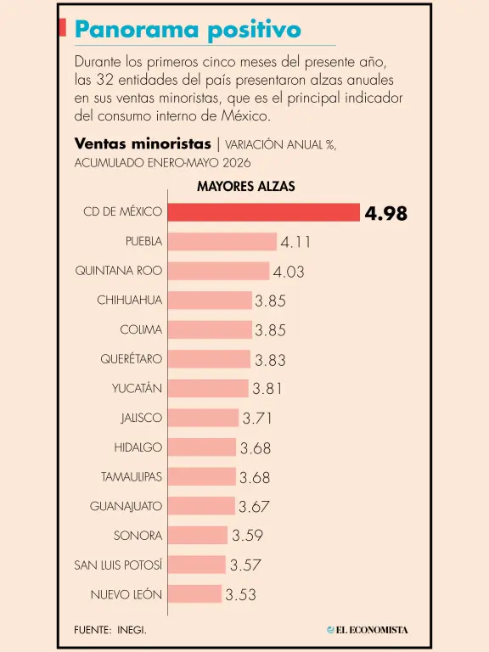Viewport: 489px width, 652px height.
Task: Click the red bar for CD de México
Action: pos(264,212)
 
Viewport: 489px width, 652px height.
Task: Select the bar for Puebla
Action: pos(222,242)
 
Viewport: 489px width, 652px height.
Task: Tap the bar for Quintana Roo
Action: pos(219,271)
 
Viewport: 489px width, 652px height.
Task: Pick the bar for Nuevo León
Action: pos(195,593)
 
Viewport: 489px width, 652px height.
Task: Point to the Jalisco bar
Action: pos(204,418)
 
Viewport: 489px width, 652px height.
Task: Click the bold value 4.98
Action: pos(386,213)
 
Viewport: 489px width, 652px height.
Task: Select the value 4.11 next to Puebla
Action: pos(295,242)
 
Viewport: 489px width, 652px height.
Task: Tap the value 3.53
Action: pos(241,594)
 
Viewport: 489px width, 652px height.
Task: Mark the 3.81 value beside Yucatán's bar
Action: pos(267,389)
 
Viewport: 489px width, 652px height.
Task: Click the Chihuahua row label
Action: pos(129,300)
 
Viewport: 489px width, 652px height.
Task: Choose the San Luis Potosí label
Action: pos(118,565)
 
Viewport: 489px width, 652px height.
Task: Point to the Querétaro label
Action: pos(131,358)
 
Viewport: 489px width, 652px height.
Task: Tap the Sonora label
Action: pos(138,535)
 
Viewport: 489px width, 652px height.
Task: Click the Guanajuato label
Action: pos(126,506)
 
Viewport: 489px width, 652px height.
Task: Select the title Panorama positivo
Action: pos(188,30)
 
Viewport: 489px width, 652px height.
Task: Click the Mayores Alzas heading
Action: pos(246,186)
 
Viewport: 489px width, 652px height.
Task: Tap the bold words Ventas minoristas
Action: pos(143,143)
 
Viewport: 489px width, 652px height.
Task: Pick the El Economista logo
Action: pos(368,630)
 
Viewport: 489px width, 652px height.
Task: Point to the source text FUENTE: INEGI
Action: pos(110,630)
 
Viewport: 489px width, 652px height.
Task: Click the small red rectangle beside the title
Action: pos(62,27)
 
